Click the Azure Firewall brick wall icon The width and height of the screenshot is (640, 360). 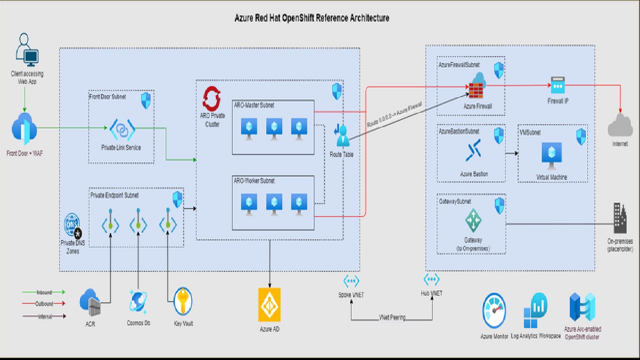click(475, 90)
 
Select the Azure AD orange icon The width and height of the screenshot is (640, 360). click(269, 305)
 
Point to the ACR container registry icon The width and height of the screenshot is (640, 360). click(90, 302)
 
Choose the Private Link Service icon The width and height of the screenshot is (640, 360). click(122, 129)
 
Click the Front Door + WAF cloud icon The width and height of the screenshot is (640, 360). click(24, 129)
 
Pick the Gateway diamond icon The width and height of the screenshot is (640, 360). click(472, 220)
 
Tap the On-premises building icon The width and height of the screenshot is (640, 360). click(620, 218)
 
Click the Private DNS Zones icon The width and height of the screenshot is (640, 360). click(72, 226)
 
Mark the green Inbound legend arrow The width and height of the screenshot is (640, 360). click(44, 292)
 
